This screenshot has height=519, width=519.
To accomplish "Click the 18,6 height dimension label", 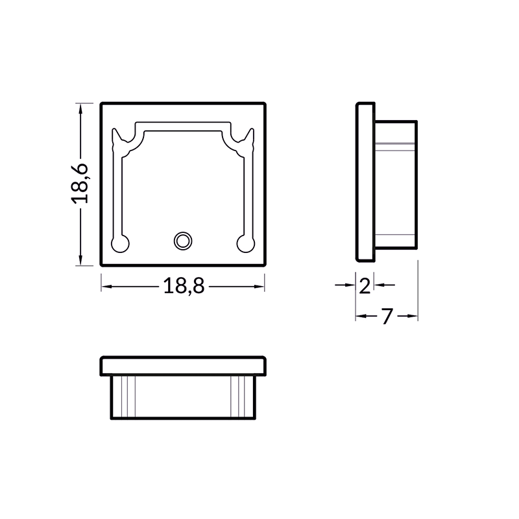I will [80, 184].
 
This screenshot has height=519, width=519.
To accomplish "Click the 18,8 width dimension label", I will [184, 285].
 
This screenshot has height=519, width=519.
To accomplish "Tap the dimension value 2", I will [365, 285].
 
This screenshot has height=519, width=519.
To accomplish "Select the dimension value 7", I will [387, 316].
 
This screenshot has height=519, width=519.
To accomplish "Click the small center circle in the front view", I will [183, 241].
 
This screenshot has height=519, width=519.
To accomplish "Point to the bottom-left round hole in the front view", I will [121, 243].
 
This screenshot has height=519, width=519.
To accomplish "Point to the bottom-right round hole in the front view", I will [246, 243].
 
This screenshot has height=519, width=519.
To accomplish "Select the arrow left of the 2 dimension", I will [349, 285].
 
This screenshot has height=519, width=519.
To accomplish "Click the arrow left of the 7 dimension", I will [362, 316].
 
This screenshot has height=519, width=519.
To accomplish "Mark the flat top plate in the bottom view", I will [184, 366].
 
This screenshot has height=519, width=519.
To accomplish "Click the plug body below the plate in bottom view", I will [184, 397].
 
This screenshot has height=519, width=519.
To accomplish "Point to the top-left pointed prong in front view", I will [117, 138].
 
